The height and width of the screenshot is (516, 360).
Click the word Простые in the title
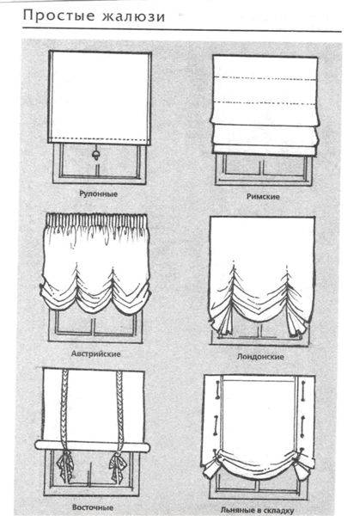tap(58, 15)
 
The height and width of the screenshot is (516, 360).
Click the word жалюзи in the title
tap(133, 16)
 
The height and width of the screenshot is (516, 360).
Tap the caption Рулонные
tap(98, 193)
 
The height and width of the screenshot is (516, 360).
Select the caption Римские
tap(263, 196)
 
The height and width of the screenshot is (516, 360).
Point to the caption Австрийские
tap(95, 354)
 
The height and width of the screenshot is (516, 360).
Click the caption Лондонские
tap(260, 357)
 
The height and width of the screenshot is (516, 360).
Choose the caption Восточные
tap(93, 507)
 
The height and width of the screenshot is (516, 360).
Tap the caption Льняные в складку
tap(257, 510)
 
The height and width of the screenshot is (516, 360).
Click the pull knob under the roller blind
tap(96, 155)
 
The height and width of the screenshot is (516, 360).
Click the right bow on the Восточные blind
tap(118, 464)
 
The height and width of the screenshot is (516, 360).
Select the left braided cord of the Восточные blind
tap(64, 408)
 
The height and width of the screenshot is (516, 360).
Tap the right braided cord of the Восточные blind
tap(119, 408)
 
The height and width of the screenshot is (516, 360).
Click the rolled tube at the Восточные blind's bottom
tap(93, 445)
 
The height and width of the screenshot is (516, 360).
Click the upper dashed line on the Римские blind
tap(265, 78)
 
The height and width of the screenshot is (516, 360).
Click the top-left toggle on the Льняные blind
tap(217, 390)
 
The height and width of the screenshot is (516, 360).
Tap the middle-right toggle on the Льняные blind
tap(302, 425)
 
